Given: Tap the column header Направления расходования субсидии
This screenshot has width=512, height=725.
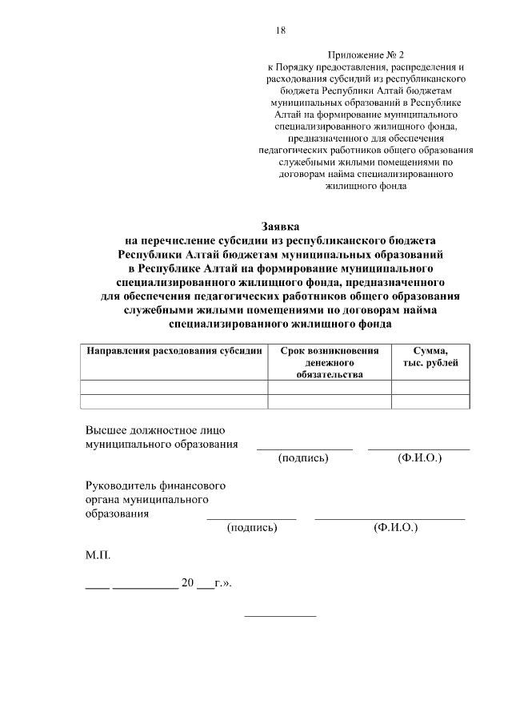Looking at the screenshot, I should (175, 351).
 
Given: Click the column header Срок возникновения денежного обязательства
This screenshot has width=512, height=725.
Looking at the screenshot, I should (329, 362).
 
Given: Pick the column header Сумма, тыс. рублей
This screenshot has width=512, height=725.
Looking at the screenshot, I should (430, 356).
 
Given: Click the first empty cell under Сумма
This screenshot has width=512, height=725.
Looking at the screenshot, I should (430, 387).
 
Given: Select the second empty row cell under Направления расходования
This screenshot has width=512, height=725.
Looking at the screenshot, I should (175, 401).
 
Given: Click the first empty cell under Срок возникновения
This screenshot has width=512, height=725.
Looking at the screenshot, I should (329, 387).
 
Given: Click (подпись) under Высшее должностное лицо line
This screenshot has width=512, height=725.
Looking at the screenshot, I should (304, 457).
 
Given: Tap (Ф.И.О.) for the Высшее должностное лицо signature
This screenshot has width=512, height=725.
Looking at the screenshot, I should (419, 457).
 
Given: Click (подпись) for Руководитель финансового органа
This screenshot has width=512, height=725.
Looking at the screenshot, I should (252, 527).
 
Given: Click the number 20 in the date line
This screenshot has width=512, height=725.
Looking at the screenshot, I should (188, 583).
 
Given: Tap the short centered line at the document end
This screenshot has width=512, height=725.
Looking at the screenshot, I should (280, 615).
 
